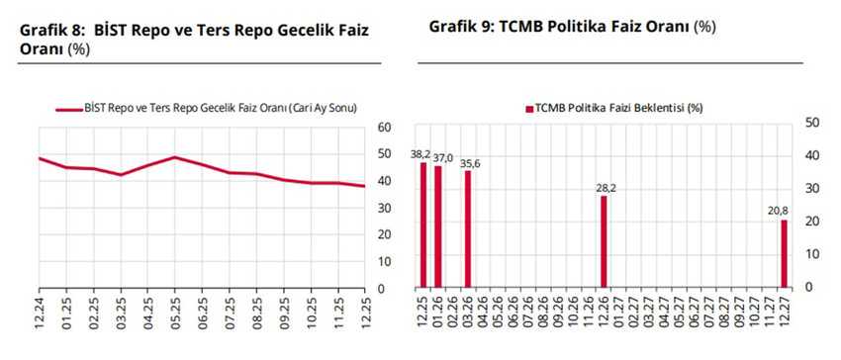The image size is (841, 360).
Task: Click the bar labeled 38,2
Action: coord(423,225)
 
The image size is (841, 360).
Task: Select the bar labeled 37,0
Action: coord(438,226)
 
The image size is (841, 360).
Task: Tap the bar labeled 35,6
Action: coord(468,228)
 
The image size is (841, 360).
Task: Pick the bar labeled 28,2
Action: coord(604,241)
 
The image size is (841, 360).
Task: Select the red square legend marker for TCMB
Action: coord(528,107)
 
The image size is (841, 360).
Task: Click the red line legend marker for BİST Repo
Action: coord(68,107)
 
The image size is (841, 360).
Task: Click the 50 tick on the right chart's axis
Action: coord(811,123)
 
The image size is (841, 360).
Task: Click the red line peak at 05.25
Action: coord(174,157)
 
